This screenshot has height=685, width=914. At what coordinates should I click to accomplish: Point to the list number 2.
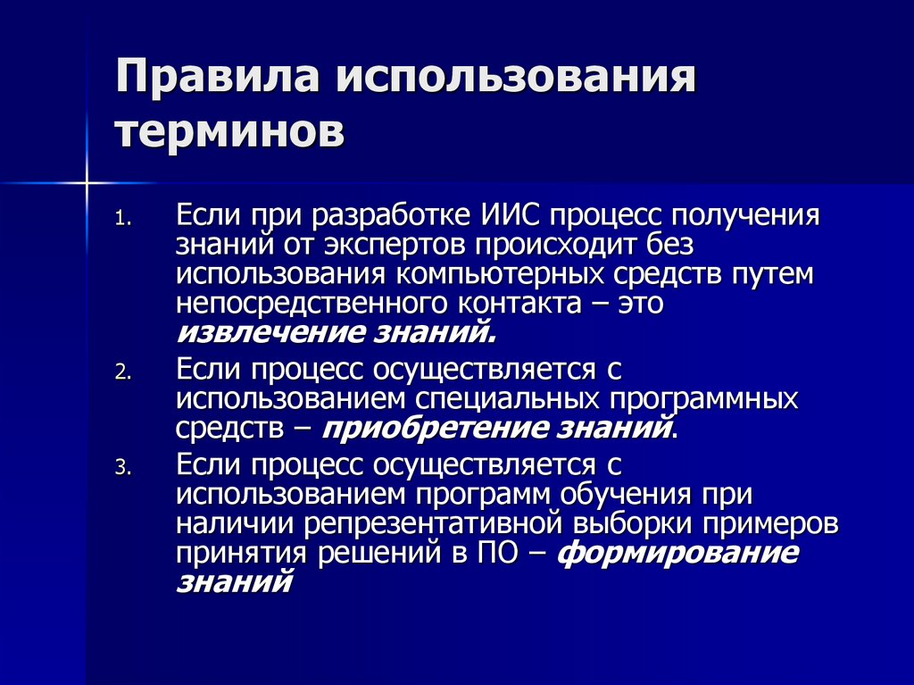pyautogui.click(x=122, y=373)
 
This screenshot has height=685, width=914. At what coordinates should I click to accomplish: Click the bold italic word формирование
pyautogui.click(x=677, y=553)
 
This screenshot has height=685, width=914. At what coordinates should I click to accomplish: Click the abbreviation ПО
pyautogui.click(x=507, y=553)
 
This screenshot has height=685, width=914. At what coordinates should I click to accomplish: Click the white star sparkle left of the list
pyautogui.click(x=87, y=183)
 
